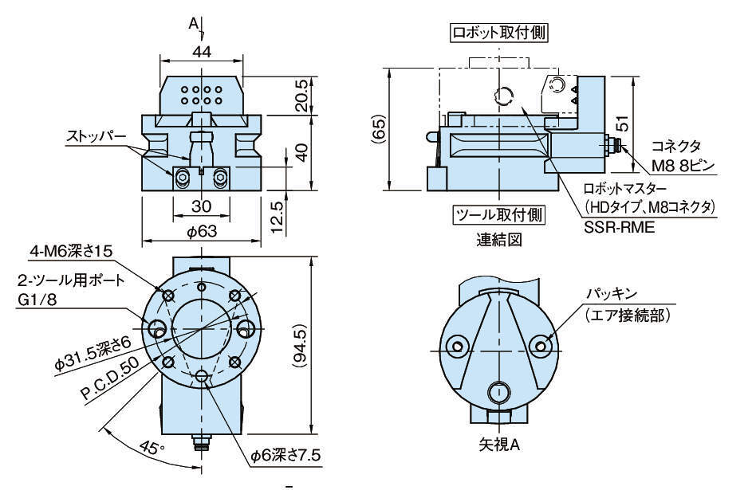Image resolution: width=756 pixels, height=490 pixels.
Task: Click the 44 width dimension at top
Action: [x=202, y=51]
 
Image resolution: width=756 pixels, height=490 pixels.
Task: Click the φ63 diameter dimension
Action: [x=202, y=233]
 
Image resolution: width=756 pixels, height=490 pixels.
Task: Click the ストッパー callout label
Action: [x=96, y=137]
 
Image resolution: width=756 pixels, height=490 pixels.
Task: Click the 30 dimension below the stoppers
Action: [x=201, y=205]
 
